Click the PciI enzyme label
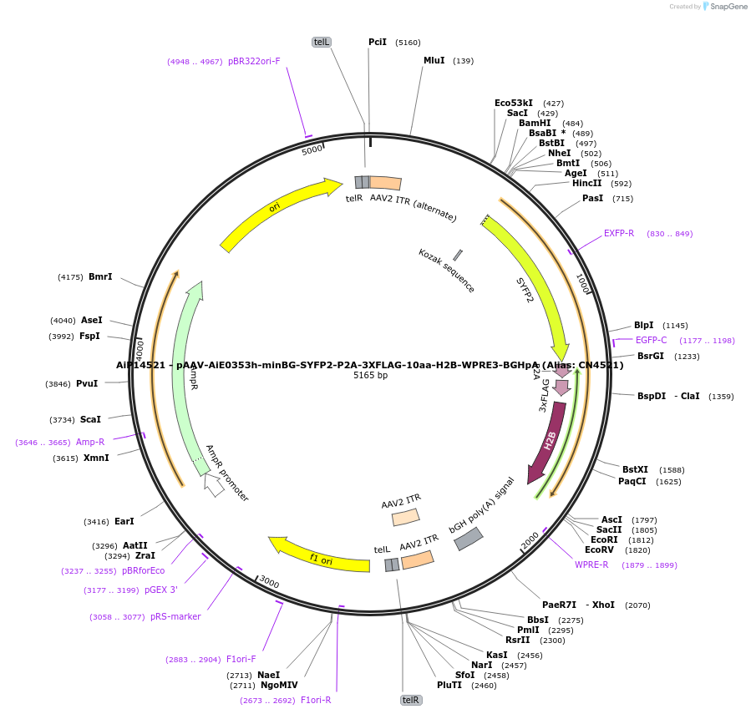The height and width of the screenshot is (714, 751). [378, 42]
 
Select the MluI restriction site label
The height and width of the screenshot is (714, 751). [434, 60]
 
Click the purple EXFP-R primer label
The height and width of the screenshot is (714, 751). [619, 233]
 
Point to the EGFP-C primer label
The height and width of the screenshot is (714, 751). [651, 340]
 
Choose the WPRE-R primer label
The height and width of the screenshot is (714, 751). [591, 565]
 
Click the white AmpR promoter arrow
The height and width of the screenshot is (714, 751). [214, 485]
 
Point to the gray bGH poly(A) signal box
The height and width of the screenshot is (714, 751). [468, 539]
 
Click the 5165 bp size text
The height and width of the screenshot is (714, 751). [370, 375]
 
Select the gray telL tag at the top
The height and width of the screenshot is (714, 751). [322, 42]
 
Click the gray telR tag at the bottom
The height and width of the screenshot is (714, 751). [410, 700]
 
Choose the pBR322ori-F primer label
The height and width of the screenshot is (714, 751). [254, 61]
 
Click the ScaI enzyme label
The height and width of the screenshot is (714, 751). [90, 419]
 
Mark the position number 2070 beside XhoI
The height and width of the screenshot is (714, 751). [637, 605]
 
